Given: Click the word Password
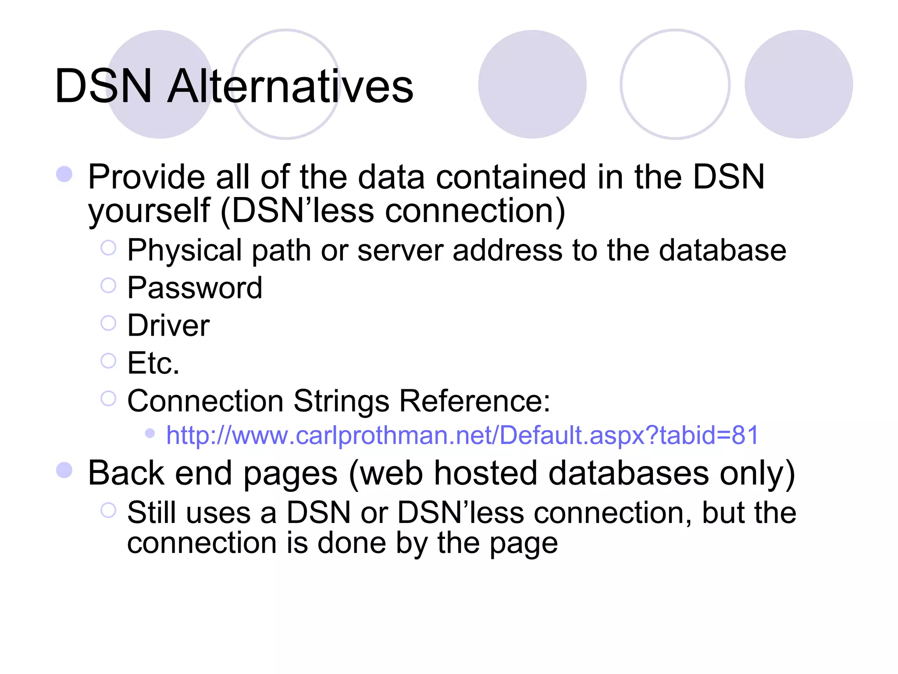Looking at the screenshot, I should click(x=195, y=288).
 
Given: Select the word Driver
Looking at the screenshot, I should click(x=168, y=326).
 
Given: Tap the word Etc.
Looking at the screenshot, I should click(x=153, y=363).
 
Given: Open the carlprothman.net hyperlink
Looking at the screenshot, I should click(x=462, y=435).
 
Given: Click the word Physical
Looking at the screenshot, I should click(x=184, y=251).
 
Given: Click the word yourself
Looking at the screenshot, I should click(x=149, y=211).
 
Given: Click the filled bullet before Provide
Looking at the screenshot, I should click(x=64, y=174).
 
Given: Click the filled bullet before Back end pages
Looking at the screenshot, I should click(x=64, y=470).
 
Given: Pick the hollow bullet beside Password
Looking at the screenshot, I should click(x=108, y=286).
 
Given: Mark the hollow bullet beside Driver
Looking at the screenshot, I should click(x=108, y=323).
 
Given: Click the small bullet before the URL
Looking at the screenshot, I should click(x=150, y=434).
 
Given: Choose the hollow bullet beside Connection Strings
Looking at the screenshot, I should click(x=108, y=399).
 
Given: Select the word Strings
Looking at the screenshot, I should click(x=341, y=401).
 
